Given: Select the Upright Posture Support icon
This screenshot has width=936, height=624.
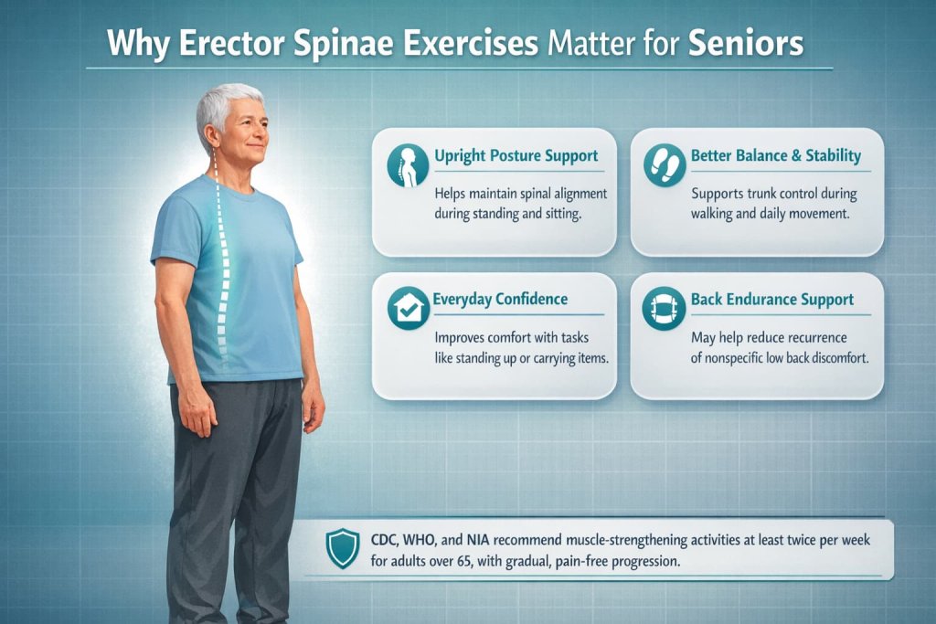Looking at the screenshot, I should (x=407, y=164).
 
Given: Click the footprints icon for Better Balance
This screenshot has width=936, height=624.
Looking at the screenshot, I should (x=663, y=164).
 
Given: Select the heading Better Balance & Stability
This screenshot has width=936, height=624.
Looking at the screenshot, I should (x=776, y=155).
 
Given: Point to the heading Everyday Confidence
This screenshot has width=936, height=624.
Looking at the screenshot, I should (x=502, y=299).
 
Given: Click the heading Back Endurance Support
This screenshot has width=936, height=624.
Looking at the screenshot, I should (x=771, y=299).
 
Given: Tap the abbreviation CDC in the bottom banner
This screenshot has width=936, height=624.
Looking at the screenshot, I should (x=388, y=540).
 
